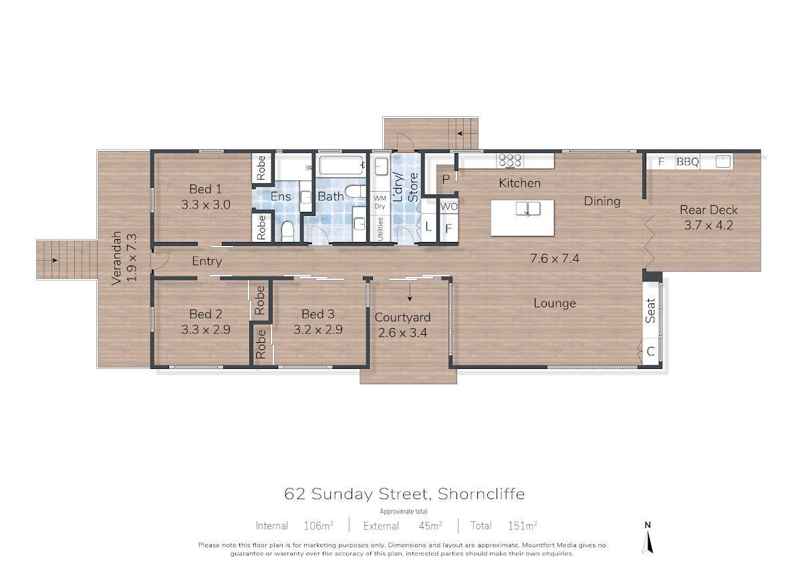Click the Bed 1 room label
206,188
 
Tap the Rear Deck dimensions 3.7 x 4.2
708,225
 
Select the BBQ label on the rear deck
688,162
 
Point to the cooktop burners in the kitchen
509,160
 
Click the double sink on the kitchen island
528,208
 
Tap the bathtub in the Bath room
341,165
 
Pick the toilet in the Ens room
287,231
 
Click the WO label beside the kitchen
448,206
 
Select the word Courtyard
402,317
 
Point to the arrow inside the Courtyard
410,292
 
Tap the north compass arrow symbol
648,543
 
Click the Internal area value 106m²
318,525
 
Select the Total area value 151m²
523,525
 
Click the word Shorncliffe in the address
481,494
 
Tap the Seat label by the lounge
650,311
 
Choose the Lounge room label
555,303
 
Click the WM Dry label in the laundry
380,202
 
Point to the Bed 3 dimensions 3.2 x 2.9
318,329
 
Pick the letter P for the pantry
446,179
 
